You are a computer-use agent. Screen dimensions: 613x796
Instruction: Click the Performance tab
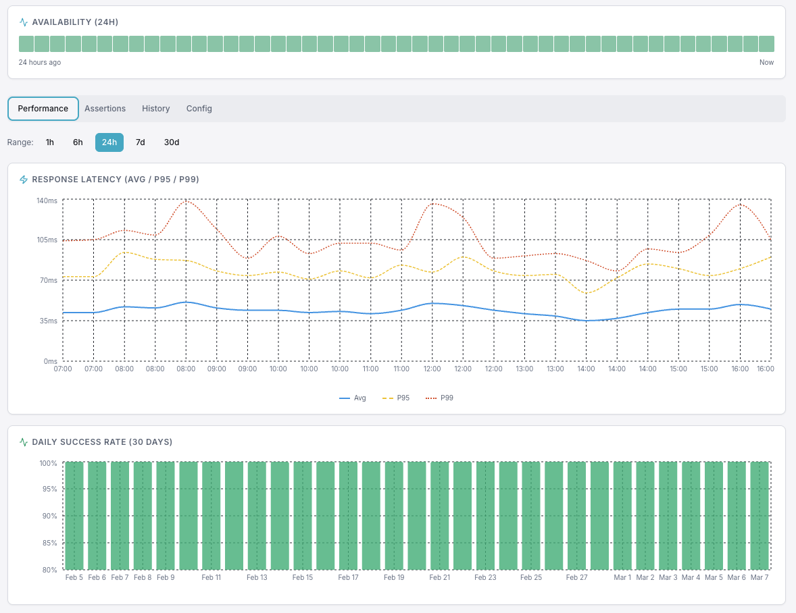tap(43, 109)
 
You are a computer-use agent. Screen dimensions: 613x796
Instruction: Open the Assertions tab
tap(105, 109)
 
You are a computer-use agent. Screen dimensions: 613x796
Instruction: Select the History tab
tap(155, 109)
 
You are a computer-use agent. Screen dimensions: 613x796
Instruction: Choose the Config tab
tap(199, 109)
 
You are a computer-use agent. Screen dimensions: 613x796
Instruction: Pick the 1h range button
tap(50, 142)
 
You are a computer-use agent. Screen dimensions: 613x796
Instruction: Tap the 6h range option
tap(78, 142)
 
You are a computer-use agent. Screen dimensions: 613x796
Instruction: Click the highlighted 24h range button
tap(109, 142)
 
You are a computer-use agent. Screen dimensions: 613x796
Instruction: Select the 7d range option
tap(140, 142)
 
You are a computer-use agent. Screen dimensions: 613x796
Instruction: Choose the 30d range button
tap(172, 142)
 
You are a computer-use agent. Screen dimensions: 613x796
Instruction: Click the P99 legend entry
tap(440, 398)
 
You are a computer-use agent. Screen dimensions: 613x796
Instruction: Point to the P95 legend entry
tap(397, 398)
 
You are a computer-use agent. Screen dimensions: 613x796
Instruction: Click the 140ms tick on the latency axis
tap(47, 201)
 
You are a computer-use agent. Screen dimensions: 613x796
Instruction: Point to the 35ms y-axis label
tap(47, 321)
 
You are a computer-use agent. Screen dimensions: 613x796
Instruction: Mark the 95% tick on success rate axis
tap(49, 489)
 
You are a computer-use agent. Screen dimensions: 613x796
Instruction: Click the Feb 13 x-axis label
tap(257, 578)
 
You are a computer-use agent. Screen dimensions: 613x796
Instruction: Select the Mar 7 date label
tap(760, 578)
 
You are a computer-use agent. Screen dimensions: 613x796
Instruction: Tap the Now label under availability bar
tap(766, 62)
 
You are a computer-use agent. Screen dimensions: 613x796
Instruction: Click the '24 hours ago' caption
tap(40, 62)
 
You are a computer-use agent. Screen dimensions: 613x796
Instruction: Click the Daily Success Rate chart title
tap(102, 442)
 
